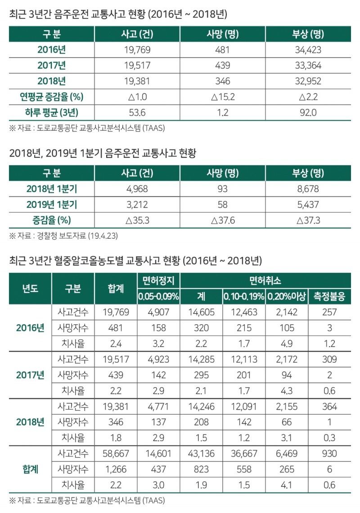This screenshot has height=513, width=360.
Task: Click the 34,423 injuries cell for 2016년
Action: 308,50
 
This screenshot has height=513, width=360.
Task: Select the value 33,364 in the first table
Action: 308,65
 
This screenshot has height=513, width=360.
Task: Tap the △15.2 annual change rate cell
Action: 222,97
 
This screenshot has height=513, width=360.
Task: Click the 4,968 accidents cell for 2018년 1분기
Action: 137,188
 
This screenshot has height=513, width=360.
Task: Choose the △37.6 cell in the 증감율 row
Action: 222,220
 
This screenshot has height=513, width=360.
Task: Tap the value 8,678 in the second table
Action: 308,188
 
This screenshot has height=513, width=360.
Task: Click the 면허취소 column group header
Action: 265,281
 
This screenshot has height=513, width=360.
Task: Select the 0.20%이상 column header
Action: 286,297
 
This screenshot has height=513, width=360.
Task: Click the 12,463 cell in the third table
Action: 244,312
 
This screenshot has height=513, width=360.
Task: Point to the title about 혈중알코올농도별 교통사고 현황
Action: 135,260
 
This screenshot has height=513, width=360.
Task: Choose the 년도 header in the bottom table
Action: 30,289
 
